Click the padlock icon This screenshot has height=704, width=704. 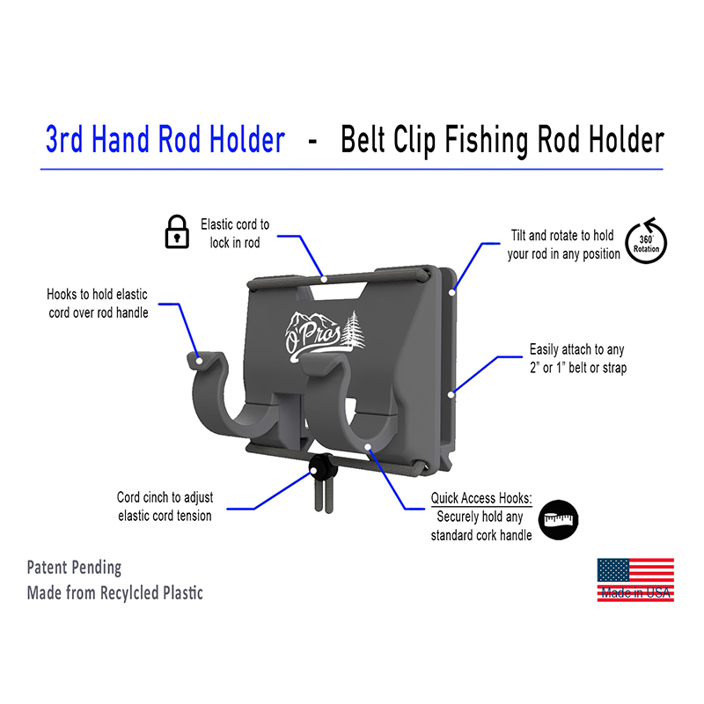[177, 231]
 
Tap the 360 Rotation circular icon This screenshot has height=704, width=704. [646, 241]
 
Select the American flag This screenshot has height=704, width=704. [635, 580]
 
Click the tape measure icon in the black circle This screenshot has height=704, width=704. [558, 520]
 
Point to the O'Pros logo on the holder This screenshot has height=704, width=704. [325, 336]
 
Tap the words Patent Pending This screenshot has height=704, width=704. [74, 568]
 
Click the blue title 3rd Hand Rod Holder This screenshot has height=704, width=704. [165, 140]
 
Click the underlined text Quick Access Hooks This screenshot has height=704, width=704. [481, 498]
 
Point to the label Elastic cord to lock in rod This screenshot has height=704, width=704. [235, 233]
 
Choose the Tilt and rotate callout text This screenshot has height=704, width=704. [563, 245]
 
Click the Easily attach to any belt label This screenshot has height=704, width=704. [578, 358]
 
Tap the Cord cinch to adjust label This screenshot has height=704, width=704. [165, 507]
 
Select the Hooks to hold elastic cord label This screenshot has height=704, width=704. [98, 304]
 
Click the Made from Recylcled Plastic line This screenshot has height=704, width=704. [115, 593]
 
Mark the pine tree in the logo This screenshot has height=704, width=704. [353, 329]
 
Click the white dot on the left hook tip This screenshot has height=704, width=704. [199, 361]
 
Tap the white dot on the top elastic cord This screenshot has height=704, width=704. [323, 279]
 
